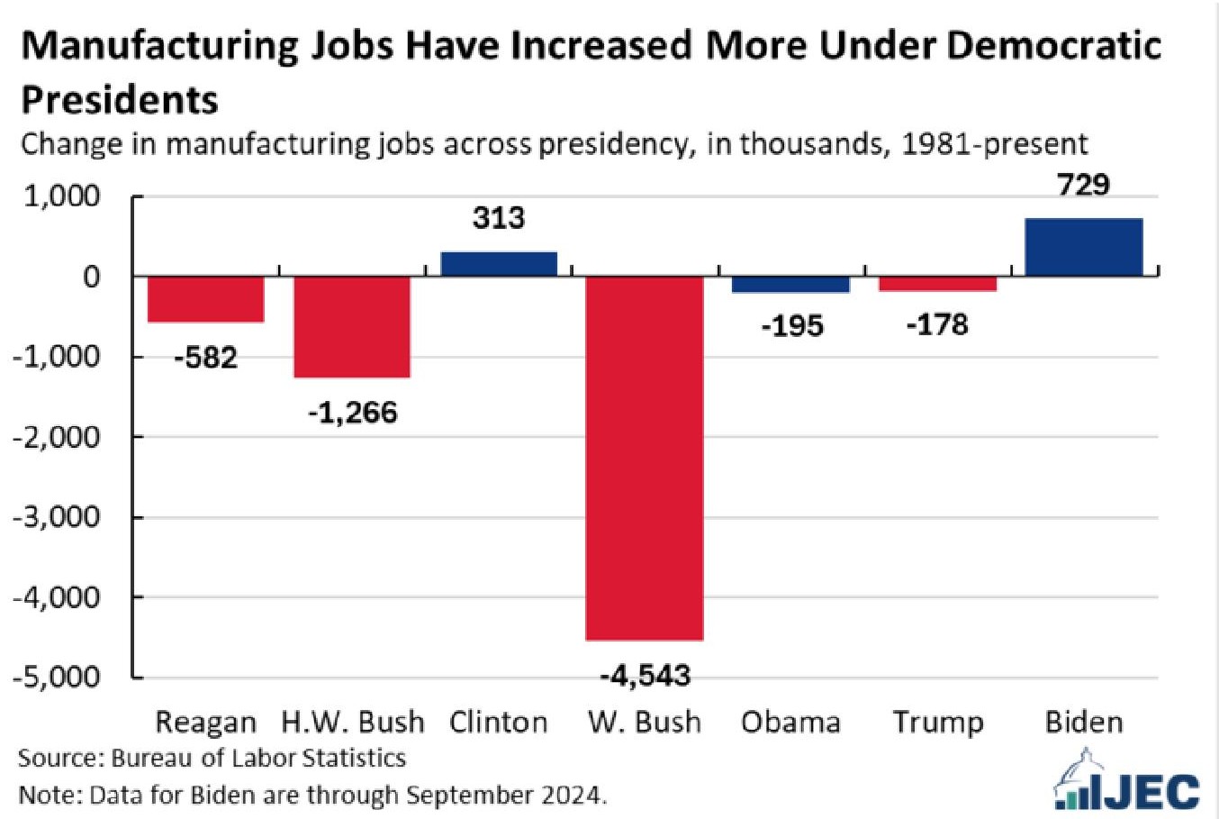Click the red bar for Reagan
(x=206, y=298)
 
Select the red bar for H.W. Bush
(x=352, y=326)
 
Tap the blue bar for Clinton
(x=499, y=263)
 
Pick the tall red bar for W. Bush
(x=645, y=458)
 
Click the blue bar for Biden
(x=1084, y=247)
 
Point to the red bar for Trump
(x=938, y=283)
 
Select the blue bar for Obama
(x=791, y=284)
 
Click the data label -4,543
(x=645, y=675)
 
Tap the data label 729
(x=1084, y=185)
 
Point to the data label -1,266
(x=352, y=413)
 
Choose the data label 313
(x=499, y=218)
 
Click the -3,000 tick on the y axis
(x=55, y=517)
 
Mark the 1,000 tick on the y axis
(x=61, y=196)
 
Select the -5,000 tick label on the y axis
(x=55, y=677)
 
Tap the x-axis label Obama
(x=790, y=723)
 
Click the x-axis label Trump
(x=938, y=723)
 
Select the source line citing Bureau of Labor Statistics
(x=212, y=758)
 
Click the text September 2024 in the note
(x=505, y=795)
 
